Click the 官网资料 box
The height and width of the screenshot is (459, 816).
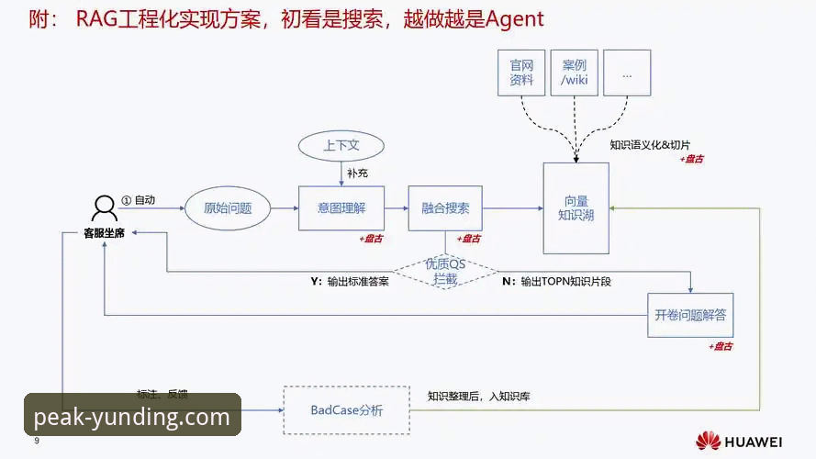pyautogui.click(x=521, y=73)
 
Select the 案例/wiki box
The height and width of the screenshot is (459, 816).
pyautogui.click(x=575, y=73)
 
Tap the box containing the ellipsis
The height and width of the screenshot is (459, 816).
pyautogui.click(x=627, y=73)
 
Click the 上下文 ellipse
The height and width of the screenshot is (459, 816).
pyautogui.click(x=341, y=146)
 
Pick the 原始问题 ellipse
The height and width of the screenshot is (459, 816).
pyautogui.click(x=228, y=208)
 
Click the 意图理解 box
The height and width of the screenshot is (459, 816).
pyautogui.click(x=341, y=208)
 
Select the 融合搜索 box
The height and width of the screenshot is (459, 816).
pyautogui.click(x=445, y=208)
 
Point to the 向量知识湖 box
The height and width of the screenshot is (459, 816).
pyautogui.click(x=576, y=207)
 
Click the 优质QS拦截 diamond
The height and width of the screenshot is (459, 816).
pyautogui.click(x=445, y=271)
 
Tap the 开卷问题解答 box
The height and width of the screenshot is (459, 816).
pyautogui.click(x=690, y=315)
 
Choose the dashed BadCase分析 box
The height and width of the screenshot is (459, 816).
pyautogui.click(x=346, y=410)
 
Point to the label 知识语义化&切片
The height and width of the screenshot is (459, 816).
pyautogui.click(x=650, y=145)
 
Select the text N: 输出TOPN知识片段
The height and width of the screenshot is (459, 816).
pyautogui.click(x=556, y=282)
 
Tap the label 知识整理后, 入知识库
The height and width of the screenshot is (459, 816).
pyautogui.click(x=478, y=397)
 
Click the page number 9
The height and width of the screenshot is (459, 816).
pyautogui.click(x=37, y=442)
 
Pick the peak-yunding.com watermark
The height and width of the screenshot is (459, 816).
pyautogui.click(x=131, y=418)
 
